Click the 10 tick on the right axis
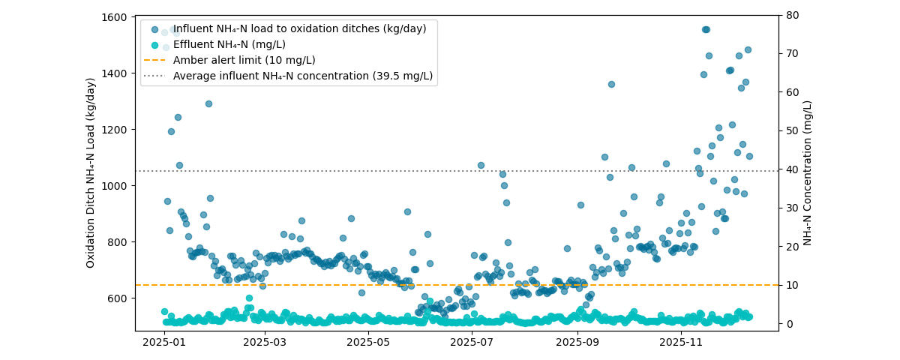point(789,285)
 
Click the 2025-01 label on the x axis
point(163,342)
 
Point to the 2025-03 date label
point(264,342)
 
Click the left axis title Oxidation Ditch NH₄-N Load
point(91,172)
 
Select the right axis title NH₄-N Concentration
point(808,172)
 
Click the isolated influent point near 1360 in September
point(611,84)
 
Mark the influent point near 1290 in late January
point(208,103)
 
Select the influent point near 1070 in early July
point(481,165)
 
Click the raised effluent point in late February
point(249,298)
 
